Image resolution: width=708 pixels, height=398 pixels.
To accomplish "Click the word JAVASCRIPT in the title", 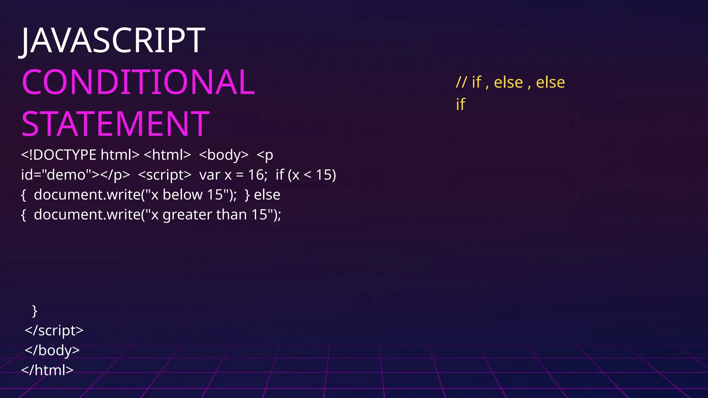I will pyautogui.click(x=113, y=41).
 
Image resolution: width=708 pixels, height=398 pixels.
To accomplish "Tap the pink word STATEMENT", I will pyautogui.click(x=115, y=124).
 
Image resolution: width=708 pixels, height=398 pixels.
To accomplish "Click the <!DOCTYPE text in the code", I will pyautogui.click(x=58, y=155).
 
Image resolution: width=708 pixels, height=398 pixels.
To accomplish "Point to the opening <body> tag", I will pyautogui.click(x=224, y=155).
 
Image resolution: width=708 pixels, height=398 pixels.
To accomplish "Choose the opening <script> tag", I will pyautogui.click(x=165, y=175).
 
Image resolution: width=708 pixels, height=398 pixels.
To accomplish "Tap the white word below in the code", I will pyautogui.click(x=183, y=195).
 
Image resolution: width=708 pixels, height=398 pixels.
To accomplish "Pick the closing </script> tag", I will pyautogui.click(x=54, y=331).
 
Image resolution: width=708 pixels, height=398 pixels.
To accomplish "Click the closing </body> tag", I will pyautogui.click(x=52, y=350).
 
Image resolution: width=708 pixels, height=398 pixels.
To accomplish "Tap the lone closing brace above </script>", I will pyautogui.click(x=35, y=311).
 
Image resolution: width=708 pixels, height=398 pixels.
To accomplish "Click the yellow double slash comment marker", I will pyautogui.click(x=461, y=83).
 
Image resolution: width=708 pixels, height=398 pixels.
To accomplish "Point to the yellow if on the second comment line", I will pyautogui.click(x=460, y=104).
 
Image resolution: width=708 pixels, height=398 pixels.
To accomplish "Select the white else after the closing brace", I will pyautogui.click(x=267, y=195).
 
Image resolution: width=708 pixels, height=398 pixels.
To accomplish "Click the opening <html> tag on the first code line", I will pyautogui.click(x=167, y=155).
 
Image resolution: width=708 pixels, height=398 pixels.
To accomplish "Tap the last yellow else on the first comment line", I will pyautogui.click(x=550, y=83).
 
